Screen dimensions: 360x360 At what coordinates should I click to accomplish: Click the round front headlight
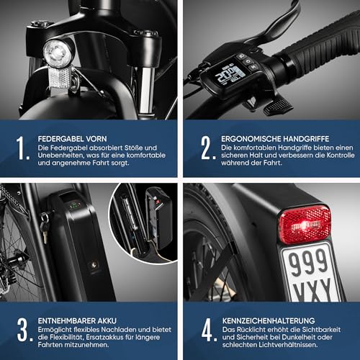point(58,53)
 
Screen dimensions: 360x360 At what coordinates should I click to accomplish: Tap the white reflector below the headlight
point(59,77)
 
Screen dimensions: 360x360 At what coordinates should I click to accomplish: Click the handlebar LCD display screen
point(230,75)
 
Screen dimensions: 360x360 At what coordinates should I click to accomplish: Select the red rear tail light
point(305,224)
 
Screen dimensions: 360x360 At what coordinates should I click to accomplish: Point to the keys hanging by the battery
point(45,226)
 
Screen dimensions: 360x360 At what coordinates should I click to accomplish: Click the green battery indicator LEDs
point(74,206)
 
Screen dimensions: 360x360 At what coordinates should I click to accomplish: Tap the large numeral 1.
point(22,148)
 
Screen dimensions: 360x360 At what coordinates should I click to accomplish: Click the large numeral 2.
point(208,148)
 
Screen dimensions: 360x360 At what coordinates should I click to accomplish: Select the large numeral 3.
point(24,330)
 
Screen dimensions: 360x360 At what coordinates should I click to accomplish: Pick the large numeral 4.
point(209,330)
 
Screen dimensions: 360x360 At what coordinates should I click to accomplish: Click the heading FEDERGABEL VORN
point(72,139)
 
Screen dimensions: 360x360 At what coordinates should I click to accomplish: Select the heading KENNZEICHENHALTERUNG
point(269,321)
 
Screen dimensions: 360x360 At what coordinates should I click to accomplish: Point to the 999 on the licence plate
point(308,263)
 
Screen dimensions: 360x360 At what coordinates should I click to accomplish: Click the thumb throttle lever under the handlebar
point(278,106)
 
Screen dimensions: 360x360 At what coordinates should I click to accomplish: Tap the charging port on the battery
point(94,265)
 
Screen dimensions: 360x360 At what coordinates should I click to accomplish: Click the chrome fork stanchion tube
point(146,90)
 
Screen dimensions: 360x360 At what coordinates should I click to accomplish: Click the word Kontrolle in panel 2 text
point(341,156)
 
